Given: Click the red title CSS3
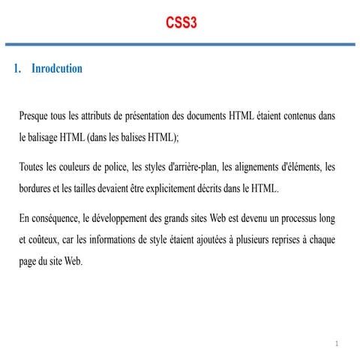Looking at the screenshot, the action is tap(181, 23).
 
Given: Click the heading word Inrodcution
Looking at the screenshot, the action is tap(57, 69).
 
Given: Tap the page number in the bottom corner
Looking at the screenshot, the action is tap(337, 343).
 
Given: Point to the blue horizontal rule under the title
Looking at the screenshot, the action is tap(180, 45).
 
